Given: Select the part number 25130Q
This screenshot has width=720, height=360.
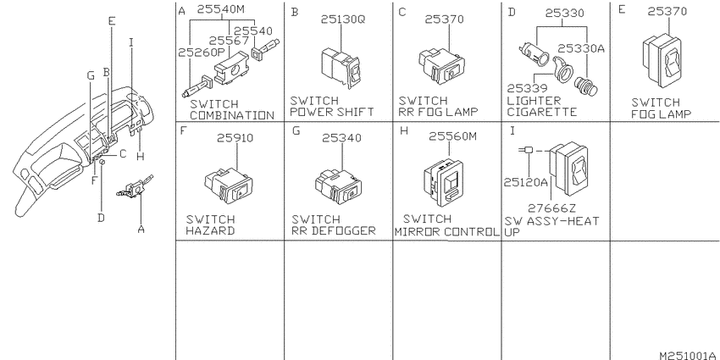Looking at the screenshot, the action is point(343,19).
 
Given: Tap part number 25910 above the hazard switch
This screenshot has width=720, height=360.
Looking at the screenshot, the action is point(235,138).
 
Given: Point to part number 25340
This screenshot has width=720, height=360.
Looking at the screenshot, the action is point(341,138).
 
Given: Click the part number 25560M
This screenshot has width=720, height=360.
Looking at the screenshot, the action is point(453,136).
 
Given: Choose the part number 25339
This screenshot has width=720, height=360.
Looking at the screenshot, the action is point(527,88).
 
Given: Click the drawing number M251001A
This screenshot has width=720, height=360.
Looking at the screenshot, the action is point(688,356).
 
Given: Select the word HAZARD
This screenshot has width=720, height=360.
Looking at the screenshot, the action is point(210,230).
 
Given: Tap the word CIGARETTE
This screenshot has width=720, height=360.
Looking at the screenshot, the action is point(542,112).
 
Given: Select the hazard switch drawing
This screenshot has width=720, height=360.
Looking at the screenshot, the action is point(227,186).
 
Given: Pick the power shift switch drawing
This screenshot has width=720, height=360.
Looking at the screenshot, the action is point(341,67).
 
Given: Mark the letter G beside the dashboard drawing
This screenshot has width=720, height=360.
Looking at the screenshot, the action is point(91,75).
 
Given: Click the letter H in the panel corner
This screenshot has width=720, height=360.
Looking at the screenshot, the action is point(404,130).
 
